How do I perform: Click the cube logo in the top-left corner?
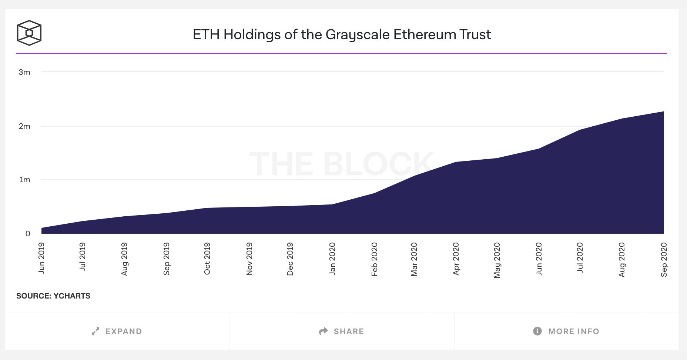(x=29, y=33)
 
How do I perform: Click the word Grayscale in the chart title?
(x=357, y=34)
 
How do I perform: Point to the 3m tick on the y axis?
(x=24, y=72)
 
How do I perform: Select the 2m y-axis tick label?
(x=24, y=126)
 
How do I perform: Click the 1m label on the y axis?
(x=25, y=180)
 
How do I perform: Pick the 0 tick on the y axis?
(x=28, y=234)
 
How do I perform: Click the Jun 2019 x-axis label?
(x=41, y=258)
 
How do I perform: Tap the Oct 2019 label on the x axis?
(x=207, y=259)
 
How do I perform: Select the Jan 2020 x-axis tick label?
(x=332, y=259)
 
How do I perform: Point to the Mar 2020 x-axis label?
(x=414, y=259)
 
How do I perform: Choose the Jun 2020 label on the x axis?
(x=539, y=259)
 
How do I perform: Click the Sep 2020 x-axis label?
(x=664, y=259)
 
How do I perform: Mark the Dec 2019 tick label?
(x=290, y=259)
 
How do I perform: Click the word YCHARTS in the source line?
(x=72, y=296)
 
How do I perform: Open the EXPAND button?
(x=117, y=331)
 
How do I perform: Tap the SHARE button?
(x=342, y=331)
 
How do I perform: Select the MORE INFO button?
(x=566, y=331)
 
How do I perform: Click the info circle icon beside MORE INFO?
(x=537, y=331)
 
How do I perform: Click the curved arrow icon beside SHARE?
(x=324, y=331)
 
